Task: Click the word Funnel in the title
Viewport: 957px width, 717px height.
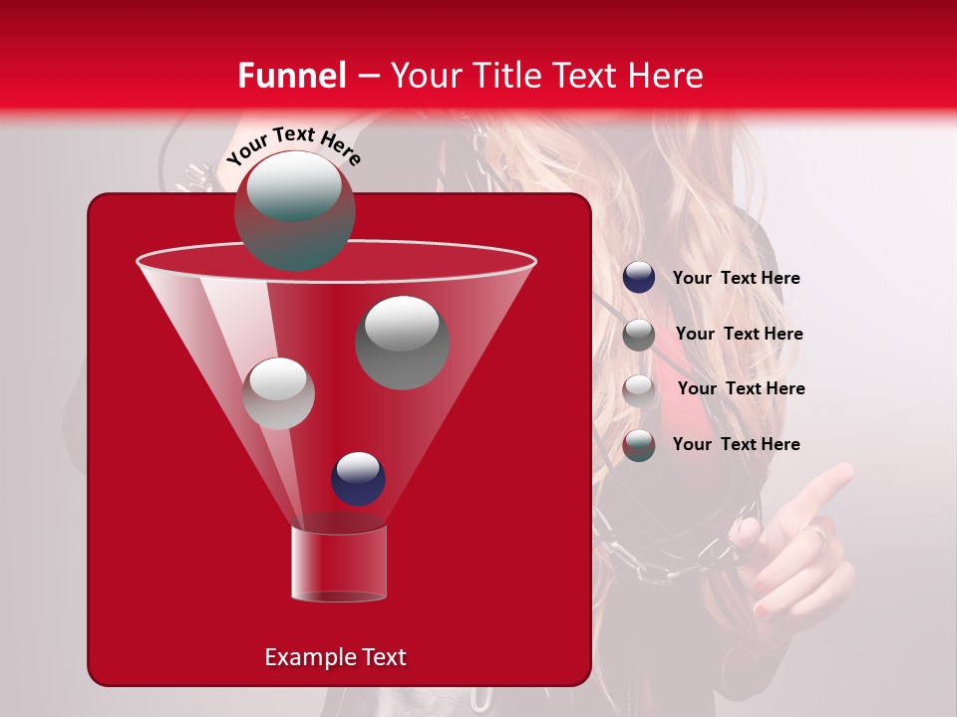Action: [x=291, y=76]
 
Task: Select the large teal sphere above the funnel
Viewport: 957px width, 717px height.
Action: [x=294, y=210]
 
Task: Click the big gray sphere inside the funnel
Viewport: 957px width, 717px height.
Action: [x=402, y=342]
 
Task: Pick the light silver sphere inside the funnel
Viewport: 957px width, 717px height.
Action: [x=278, y=393]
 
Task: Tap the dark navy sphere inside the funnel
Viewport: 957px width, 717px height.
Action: [x=358, y=478]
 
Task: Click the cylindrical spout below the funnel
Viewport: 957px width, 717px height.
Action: [x=338, y=564]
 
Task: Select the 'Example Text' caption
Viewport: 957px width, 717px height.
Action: [x=335, y=657]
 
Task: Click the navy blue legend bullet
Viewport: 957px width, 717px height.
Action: [x=639, y=278]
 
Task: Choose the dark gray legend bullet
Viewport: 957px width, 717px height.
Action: [x=639, y=335]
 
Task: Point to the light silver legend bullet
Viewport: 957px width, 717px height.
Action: [x=639, y=389]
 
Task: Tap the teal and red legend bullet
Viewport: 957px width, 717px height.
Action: [x=639, y=445]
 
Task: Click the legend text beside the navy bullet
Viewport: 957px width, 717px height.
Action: [x=736, y=279]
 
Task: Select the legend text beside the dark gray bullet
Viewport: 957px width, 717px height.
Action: [x=739, y=334]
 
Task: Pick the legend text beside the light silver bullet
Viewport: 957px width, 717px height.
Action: [x=741, y=388]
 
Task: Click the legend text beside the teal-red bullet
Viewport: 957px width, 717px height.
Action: [x=736, y=444]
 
